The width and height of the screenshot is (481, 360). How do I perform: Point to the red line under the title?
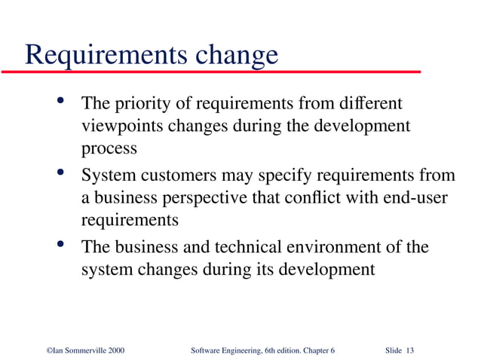tap(211, 72)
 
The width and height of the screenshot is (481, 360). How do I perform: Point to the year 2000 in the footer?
tap(113, 350)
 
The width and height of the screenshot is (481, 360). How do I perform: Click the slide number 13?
tap(410, 350)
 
